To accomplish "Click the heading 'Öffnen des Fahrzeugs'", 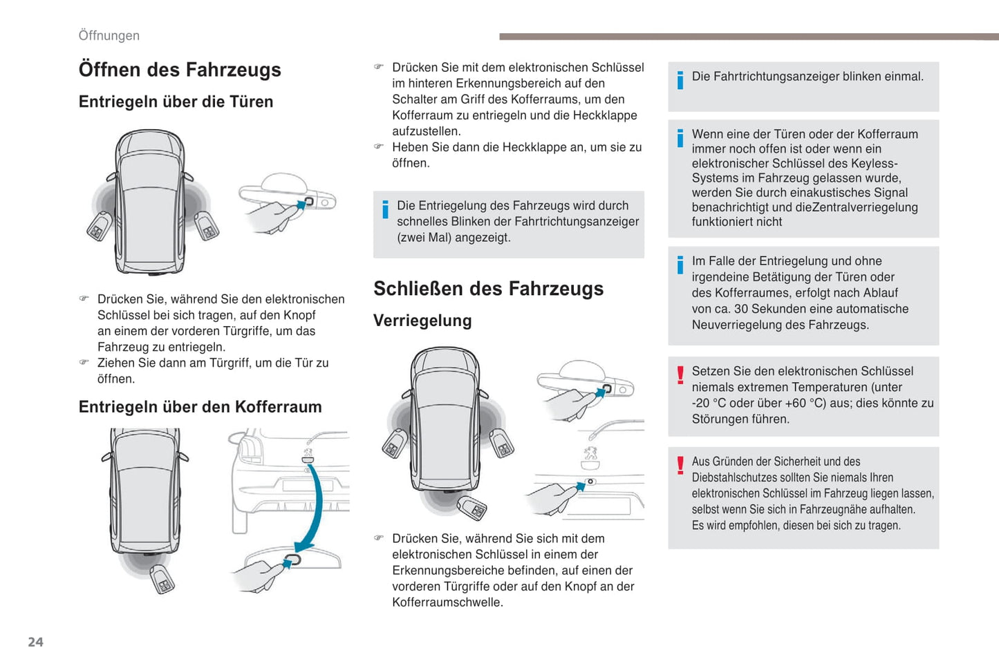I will click(180, 70).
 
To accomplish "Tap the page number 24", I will click(35, 642).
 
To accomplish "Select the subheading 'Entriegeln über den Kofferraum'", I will click(200, 407).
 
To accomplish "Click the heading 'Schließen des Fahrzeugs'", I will click(488, 289).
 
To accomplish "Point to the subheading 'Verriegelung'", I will click(422, 321).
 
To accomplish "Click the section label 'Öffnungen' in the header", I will click(109, 35).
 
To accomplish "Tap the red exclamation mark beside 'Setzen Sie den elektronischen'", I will click(680, 374).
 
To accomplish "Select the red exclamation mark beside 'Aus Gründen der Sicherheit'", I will click(680, 465).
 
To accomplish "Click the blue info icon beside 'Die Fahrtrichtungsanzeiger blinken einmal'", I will click(680, 80).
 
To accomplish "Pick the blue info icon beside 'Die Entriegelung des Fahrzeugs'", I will click(385, 209).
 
